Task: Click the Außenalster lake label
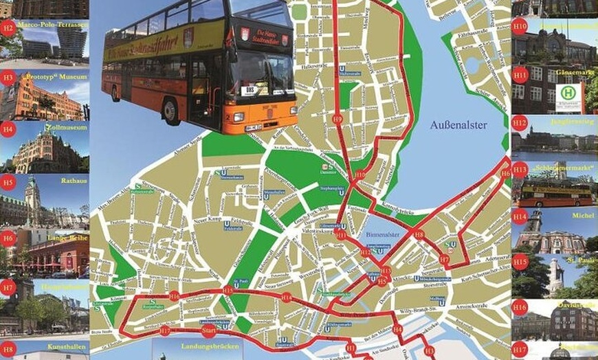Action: point(458,125)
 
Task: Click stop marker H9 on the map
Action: point(337,119)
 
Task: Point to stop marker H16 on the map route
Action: point(174,296)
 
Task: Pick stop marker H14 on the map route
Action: point(286,297)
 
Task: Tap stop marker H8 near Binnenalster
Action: point(419,235)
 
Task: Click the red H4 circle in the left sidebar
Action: point(8,128)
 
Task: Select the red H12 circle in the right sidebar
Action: point(520,124)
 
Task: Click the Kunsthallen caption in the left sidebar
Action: point(67,347)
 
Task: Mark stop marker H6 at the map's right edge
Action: point(506,174)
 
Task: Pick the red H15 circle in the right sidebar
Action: point(520,262)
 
